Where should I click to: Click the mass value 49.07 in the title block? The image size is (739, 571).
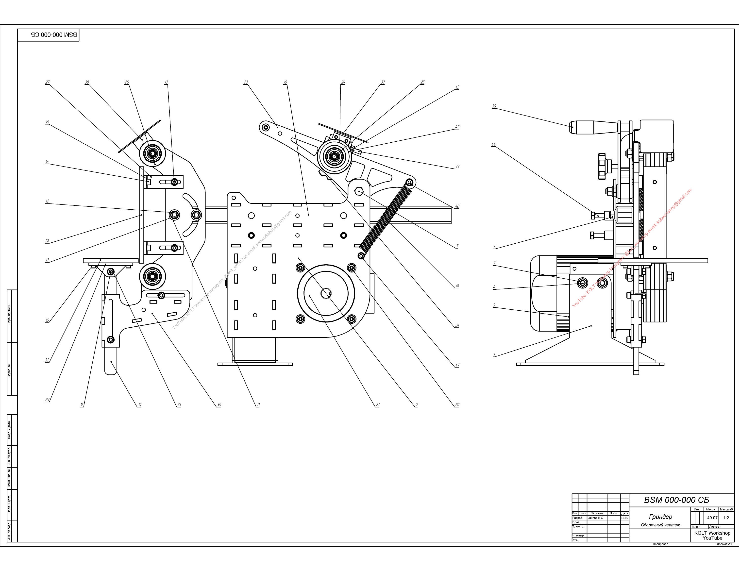(712, 518)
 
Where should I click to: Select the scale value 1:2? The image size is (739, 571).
(726, 518)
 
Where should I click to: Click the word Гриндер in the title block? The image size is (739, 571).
(660, 517)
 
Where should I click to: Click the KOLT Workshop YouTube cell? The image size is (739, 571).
(712, 536)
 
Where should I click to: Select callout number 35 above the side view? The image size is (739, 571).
(494, 106)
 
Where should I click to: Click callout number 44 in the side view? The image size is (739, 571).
(493, 144)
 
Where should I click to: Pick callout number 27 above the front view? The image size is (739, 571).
(47, 82)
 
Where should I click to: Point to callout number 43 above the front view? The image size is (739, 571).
(457, 87)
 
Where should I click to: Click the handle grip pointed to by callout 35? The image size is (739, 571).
(589, 128)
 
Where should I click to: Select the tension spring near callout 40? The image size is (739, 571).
(386, 220)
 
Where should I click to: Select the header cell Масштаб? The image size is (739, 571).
(726, 509)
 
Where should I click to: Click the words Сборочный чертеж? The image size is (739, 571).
(660, 525)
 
